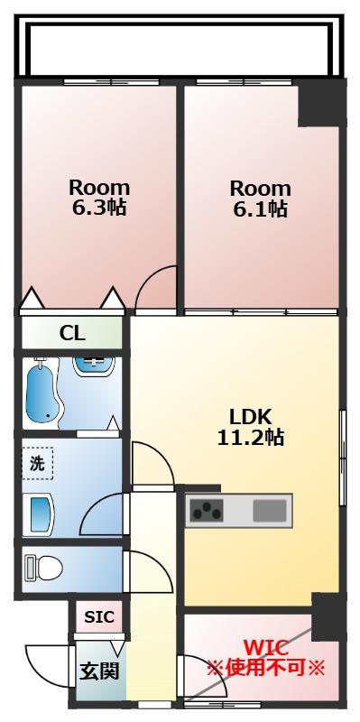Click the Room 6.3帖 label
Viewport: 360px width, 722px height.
coord(99,198)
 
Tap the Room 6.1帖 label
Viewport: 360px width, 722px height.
coord(260,199)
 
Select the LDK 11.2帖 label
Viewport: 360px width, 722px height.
coord(251,427)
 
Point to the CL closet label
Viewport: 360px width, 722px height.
coord(72,333)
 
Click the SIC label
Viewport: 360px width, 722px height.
coord(99,617)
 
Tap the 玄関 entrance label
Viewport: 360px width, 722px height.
coord(99,671)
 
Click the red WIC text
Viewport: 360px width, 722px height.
coord(265,648)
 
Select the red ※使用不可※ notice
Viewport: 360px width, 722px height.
coord(265,667)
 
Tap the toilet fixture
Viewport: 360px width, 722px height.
coord(43,569)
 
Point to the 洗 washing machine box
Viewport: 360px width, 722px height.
coord(38,463)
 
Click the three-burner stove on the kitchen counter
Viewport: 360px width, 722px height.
coord(207,510)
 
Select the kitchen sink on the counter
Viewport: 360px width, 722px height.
coord(270,510)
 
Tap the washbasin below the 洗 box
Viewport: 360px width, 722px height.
coord(42,514)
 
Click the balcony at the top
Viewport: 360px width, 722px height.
coord(180,47)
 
